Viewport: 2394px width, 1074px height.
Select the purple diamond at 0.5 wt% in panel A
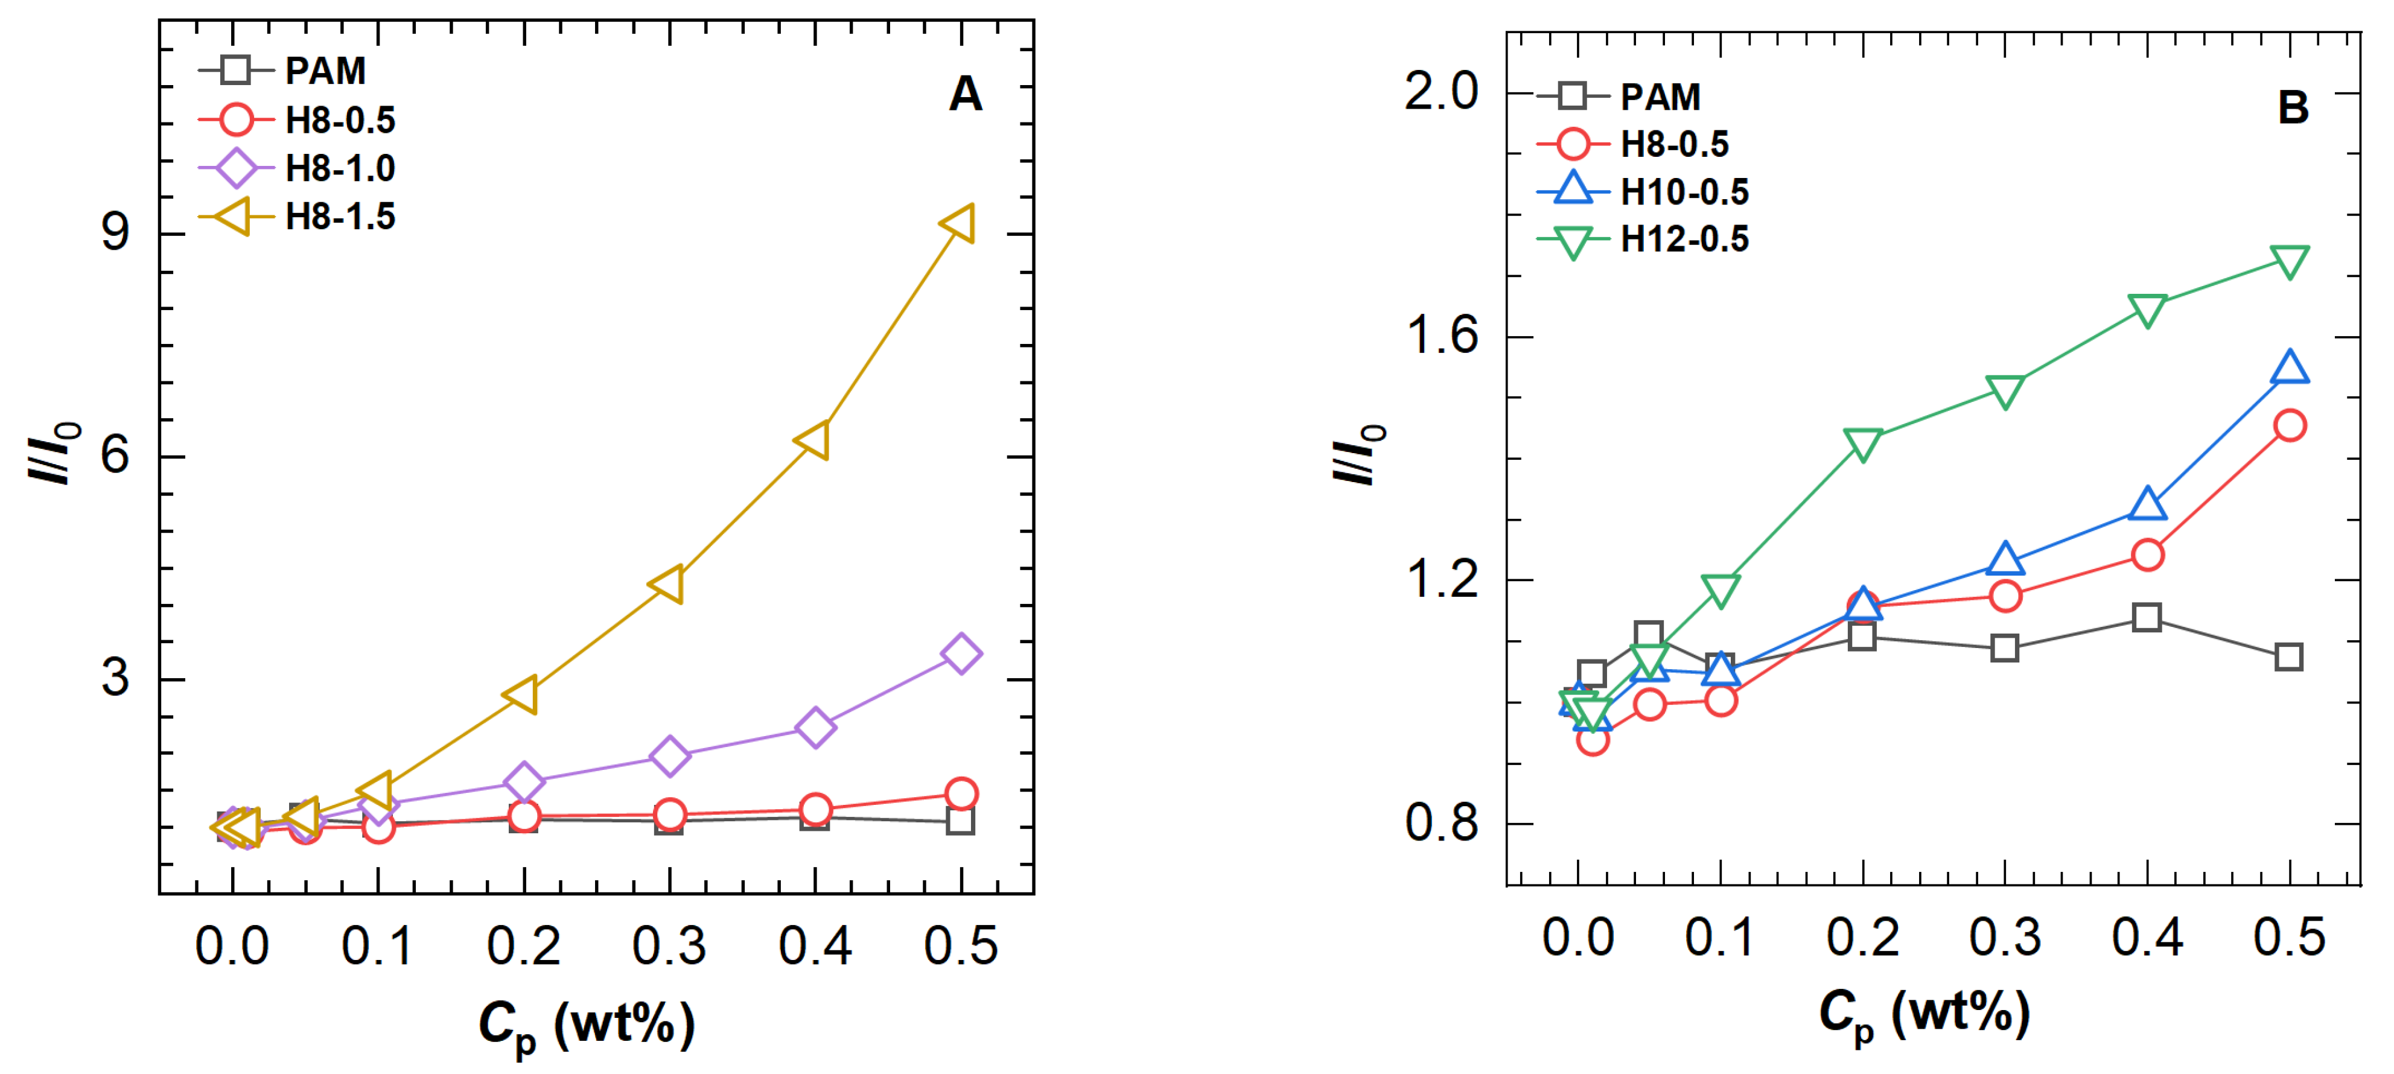point(961,654)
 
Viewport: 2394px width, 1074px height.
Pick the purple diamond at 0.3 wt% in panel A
point(669,756)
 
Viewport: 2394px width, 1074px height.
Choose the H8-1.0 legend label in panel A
point(340,169)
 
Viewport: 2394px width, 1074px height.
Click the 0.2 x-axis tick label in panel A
point(523,946)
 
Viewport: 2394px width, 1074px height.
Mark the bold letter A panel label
point(966,94)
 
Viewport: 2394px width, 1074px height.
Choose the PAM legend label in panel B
point(1661,97)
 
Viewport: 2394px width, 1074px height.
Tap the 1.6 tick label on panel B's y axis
point(1442,335)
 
